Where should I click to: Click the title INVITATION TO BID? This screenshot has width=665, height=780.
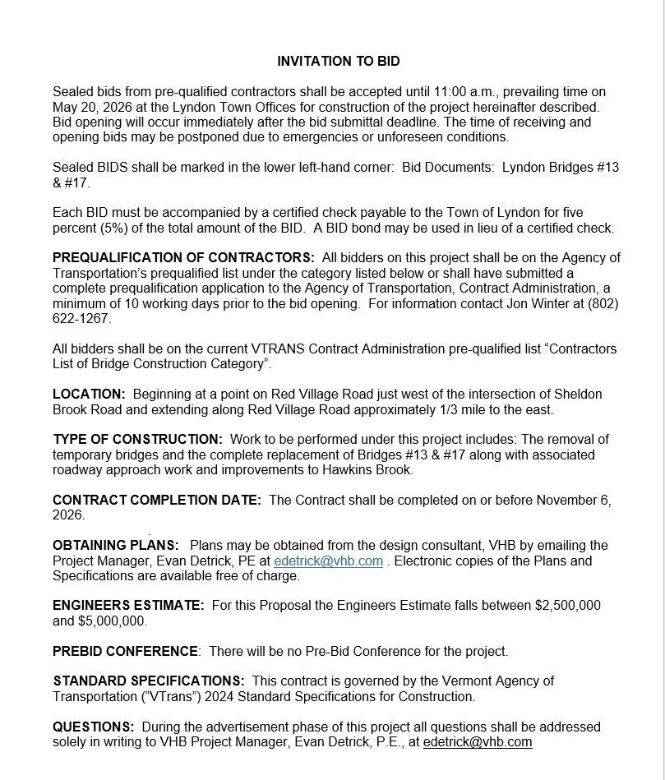338,62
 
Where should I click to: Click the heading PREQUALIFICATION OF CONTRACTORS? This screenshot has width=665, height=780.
183,258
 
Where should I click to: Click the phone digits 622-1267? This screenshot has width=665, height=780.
81,318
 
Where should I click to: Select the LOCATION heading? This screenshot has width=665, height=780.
89,395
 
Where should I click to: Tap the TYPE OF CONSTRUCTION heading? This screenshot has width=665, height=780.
137,440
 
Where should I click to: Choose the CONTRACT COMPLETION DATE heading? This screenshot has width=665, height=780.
157,501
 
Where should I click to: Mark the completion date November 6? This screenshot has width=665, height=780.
568,501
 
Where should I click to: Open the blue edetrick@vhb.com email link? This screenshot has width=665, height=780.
329,561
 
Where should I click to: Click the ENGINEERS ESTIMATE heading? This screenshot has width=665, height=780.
128,606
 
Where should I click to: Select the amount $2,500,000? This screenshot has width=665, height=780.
568,606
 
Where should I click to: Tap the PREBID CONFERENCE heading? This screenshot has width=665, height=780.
125,652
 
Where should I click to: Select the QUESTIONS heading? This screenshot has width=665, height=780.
93,727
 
